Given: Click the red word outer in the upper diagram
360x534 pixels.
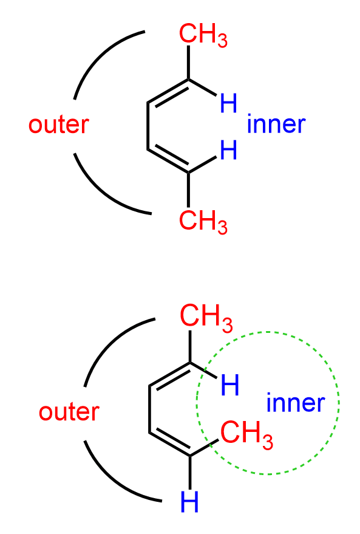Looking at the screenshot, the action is point(58,125).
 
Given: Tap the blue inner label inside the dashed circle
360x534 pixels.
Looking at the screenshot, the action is point(296,403).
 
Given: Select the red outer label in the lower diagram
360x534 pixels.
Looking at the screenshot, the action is point(69,412).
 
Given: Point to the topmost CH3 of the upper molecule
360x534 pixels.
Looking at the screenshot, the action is point(203,35).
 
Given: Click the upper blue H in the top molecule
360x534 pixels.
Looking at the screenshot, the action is point(228,103).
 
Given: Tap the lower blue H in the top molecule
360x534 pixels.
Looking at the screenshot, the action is point(228,150).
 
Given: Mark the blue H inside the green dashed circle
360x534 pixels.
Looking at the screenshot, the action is point(230,385).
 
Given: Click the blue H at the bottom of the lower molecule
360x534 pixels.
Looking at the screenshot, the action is point(189,501).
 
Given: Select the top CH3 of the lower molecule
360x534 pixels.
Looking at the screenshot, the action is point(206,318).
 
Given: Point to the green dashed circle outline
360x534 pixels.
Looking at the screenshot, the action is point(196,403).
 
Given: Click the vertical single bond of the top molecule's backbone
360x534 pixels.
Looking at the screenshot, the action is point(148,126).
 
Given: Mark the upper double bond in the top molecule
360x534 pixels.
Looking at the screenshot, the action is point(168,92).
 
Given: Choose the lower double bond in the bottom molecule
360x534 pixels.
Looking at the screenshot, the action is point(170,444).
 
